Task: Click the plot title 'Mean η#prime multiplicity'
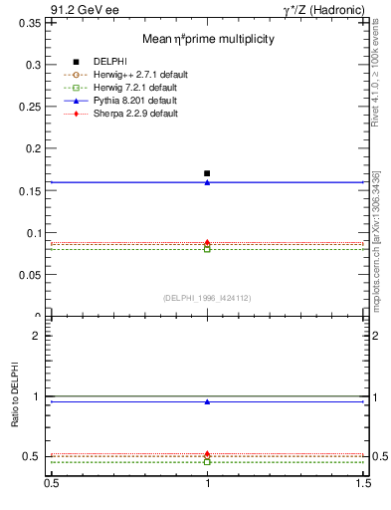click(207, 39)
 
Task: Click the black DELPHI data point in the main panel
click(207, 173)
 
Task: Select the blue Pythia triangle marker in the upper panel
click(207, 182)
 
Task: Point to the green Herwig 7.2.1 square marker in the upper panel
click(207, 249)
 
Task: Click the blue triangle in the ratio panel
click(207, 402)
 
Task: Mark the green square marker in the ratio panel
click(207, 462)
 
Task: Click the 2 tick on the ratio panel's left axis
click(39, 336)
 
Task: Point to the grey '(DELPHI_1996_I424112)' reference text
click(207, 298)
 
